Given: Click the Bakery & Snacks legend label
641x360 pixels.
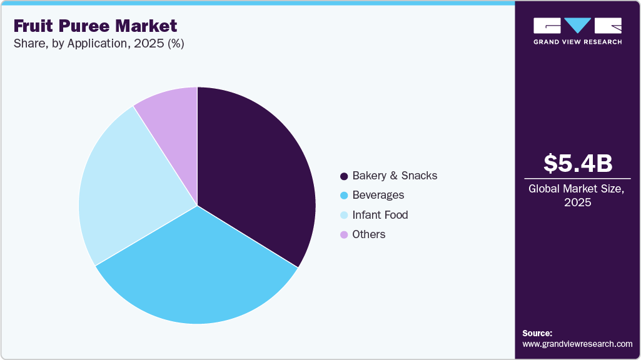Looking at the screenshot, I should (x=395, y=176).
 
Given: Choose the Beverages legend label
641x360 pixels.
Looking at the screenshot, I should (x=378, y=195).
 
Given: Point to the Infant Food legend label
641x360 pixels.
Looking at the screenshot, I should (x=380, y=214).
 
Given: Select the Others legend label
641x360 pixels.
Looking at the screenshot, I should (x=368, y=234).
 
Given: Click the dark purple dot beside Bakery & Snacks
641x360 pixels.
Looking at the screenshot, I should (x=343, y=176).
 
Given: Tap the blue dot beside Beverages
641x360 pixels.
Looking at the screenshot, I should (x=343, y=196).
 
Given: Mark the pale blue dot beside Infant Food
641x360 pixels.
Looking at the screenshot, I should (x=343, y=215).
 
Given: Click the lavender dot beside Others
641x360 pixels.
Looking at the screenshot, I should (x=343, y=234).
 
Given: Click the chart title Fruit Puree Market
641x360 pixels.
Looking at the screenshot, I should (x=95, y=26).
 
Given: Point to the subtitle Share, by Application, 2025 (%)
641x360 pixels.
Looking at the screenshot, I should (x=98, y=44).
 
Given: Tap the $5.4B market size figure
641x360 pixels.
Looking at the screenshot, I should (x=577, y=163).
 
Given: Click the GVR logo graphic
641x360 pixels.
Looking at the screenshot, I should (x=577, y=26).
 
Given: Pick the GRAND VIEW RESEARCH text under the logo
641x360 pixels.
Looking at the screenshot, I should (x=577, y=42).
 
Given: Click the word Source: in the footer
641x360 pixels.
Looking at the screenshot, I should (x=537, y=333).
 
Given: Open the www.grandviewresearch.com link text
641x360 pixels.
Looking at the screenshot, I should (x=577, y=344).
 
